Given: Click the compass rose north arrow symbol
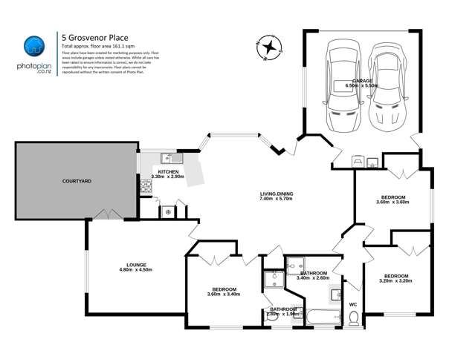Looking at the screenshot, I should [x=269, y=47].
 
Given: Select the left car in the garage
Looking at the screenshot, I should [x=343, y=81].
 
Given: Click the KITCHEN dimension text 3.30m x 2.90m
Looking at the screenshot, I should [x=168, y=177].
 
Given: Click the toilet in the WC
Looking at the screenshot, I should [x=354, y=318].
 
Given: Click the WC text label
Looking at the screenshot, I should [x=353, y=303].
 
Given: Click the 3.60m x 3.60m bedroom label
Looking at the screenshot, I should [x=393, y=202].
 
